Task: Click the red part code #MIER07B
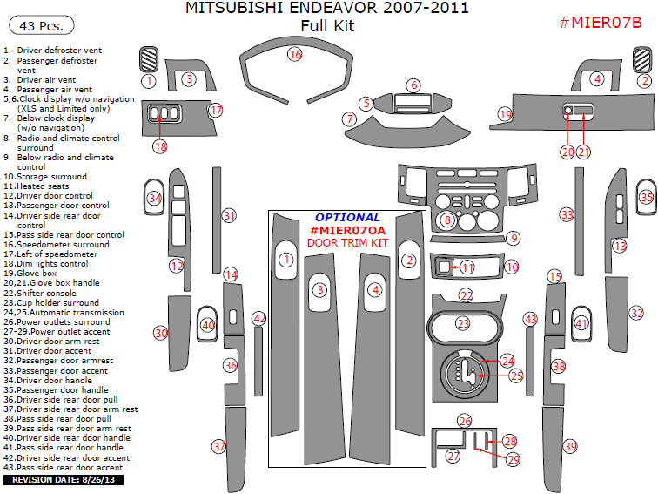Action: point(600,22)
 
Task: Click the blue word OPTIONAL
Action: point(347,217)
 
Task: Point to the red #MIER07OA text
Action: point(347,230)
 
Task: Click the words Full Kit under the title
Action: point(327,26)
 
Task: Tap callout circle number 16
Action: point(295,55)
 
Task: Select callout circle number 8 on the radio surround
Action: point(447,220)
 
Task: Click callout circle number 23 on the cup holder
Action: point(463,324)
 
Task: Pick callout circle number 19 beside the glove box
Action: point(505,114)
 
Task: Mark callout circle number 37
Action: point(219,446)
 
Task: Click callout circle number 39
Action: point(570,446)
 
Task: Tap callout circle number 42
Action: point(258,320)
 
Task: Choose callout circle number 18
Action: point(160,146)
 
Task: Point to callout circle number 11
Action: point(467,267)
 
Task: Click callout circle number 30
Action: point(160,333)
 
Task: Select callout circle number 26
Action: point(465,421)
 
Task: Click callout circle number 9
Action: point(514,238)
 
